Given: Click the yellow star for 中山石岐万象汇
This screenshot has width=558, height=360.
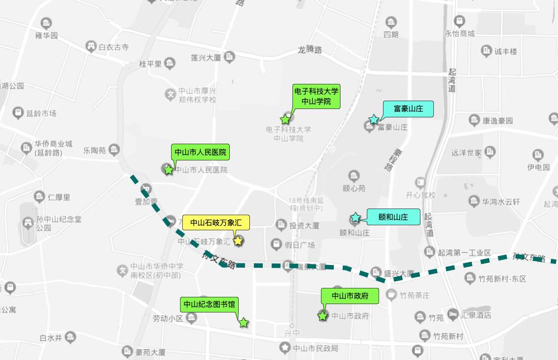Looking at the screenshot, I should tap(238, 241).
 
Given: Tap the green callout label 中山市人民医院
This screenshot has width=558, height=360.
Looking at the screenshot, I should tap(200, 152).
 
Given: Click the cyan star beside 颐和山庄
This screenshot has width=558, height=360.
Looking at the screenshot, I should tap(355, 217).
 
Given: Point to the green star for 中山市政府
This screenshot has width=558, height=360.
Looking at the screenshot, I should tap(323, 316).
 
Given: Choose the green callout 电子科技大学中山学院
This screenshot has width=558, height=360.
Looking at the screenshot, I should tap(316, 96).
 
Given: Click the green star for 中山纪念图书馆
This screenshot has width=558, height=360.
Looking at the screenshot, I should tap(243, 323).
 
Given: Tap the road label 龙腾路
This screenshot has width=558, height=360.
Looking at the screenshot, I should tap(310, 50).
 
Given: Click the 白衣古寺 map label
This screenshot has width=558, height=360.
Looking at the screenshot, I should tap(114, 48).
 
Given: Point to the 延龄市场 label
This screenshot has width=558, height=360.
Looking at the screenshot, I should tap(41, 113).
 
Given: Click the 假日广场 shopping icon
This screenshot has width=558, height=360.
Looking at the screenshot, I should tap(276, 244).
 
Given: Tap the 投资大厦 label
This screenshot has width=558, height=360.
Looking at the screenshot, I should tap(304, 226).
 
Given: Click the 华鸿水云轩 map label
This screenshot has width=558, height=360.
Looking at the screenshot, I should tap(501, 202).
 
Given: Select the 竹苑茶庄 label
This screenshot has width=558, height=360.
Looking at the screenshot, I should tap(414, 296).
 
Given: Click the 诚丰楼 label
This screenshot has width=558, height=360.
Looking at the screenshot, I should tap(505, 51).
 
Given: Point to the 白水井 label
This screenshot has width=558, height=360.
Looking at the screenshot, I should tap(50, 338).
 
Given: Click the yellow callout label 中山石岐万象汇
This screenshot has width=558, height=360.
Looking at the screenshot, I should tap(215, 222).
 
